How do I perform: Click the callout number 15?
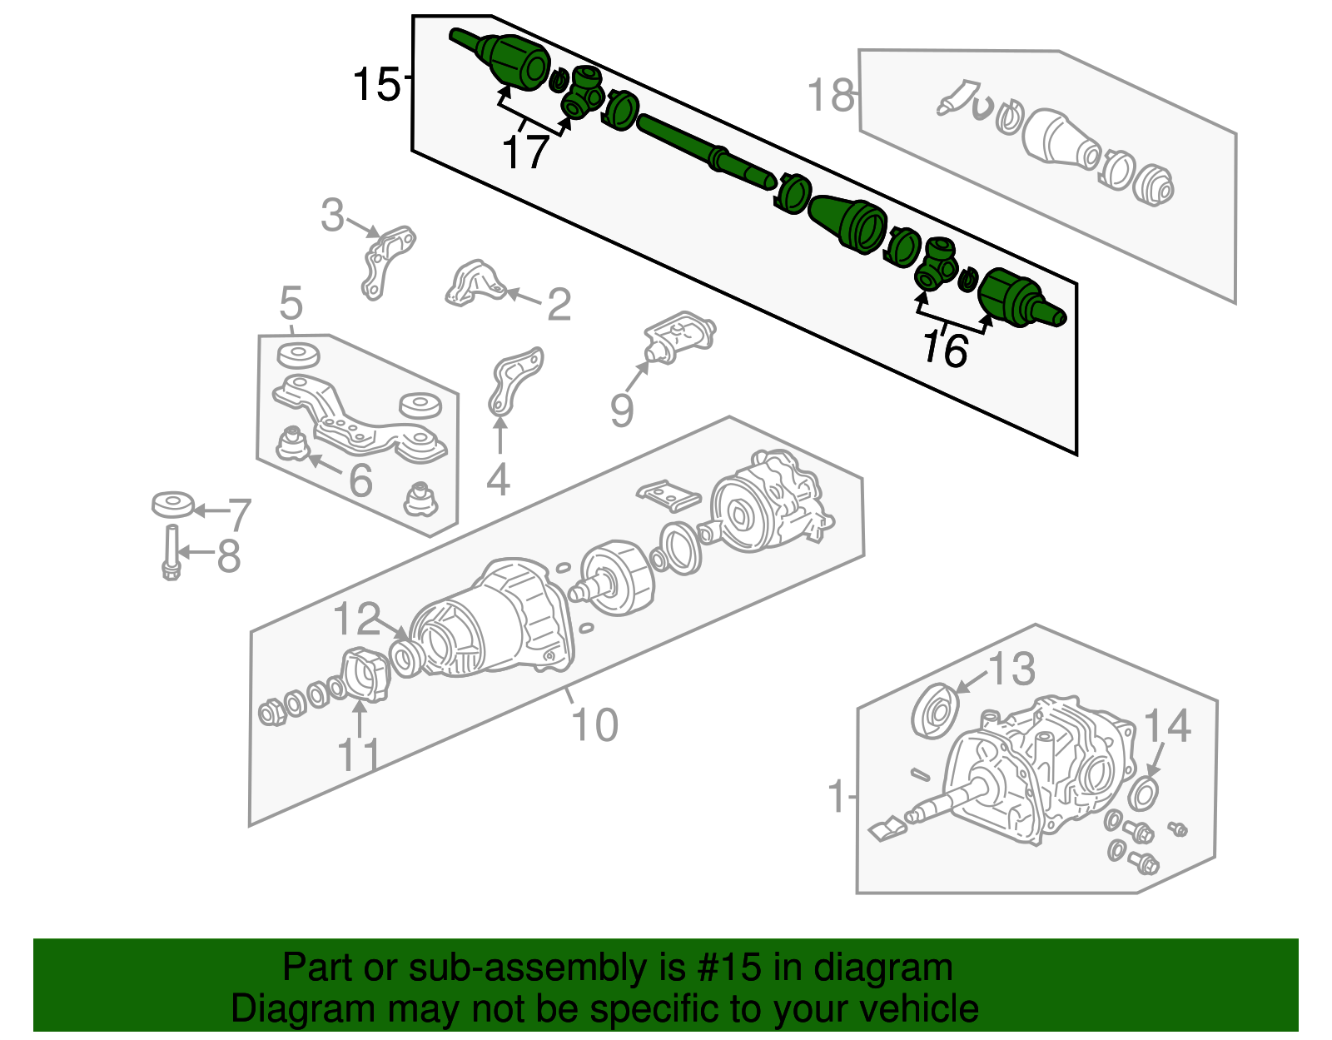click(376, 84)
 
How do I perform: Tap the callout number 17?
click(525, 152)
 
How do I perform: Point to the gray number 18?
click(831, 95)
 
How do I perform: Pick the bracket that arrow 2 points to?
click(475, 283)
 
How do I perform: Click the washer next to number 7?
click(173, 505)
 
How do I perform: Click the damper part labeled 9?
click(678, 336)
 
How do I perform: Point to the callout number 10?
click(594, 724)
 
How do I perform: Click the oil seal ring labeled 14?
click(1144, 794)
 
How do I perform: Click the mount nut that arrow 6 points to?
click(291, 443)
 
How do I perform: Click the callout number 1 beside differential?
click(837, 797)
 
